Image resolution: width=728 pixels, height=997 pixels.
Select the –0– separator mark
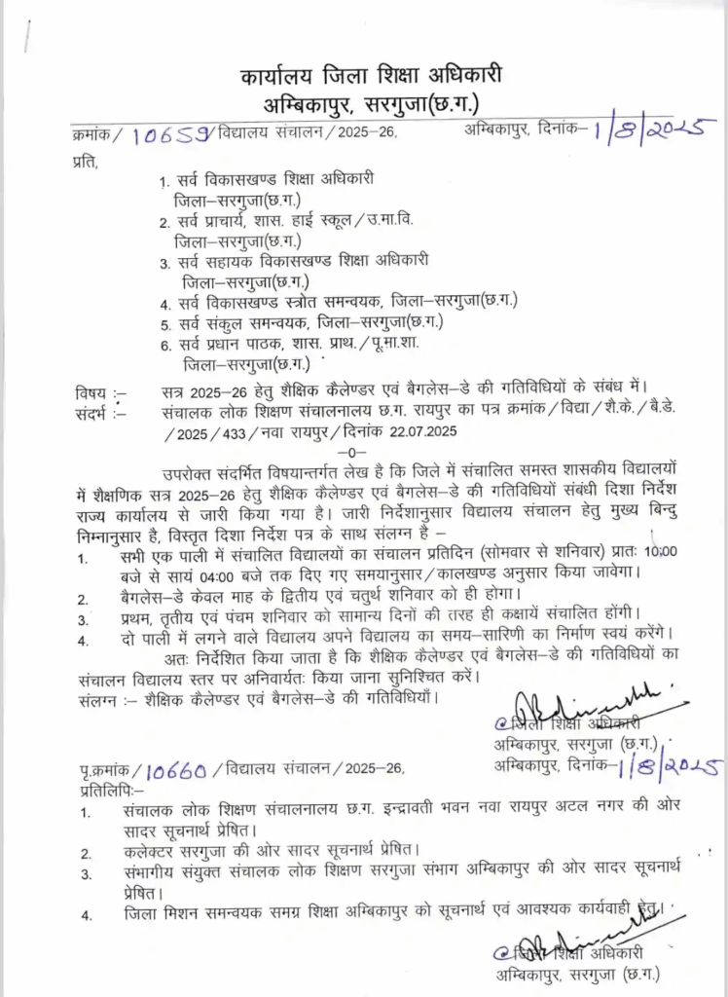[349, 454]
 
